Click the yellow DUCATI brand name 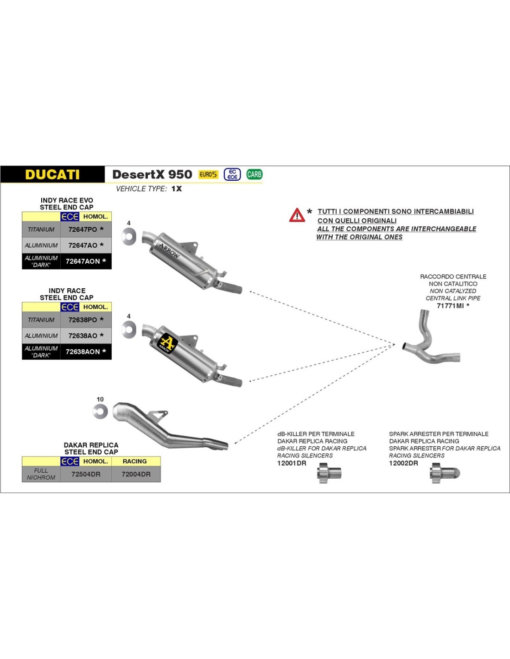[52, 175]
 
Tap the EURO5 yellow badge [208, 174]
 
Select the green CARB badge [254, 174]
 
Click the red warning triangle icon [297, 215]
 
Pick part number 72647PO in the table [83, 229]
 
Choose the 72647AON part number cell [83, 261]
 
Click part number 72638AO [83, 336]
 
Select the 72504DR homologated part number [86, 474]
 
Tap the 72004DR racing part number [136, 474]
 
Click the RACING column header [135, 461]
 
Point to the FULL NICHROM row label [41, 474]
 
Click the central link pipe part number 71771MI [450, 306]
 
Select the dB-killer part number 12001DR [292, 463]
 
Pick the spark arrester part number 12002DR [403, 463]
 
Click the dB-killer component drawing [329, 474]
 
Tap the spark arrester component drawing [445, 474]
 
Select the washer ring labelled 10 [100, 411]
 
